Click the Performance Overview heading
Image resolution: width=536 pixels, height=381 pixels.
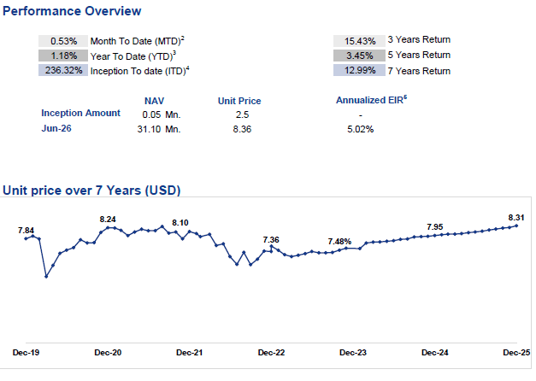tap(72, 11)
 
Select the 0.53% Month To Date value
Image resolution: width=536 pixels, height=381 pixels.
tap(63, 41)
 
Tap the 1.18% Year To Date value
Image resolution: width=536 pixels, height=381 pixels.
tap(63, 56)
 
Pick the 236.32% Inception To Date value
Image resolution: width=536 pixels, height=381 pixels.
tap(63, 70)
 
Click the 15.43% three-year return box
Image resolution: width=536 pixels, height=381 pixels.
tap(360, 41)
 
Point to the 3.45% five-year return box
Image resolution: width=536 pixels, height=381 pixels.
tap(360, 56)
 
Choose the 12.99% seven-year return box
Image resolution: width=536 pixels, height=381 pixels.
tap(360, 70)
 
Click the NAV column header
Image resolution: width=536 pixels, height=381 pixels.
tap(154, 101)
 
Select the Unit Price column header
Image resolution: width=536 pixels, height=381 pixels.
tap(239, 101)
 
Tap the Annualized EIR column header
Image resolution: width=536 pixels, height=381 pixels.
tap(371, 100)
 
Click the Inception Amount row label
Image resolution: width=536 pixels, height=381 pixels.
tap(80, 113)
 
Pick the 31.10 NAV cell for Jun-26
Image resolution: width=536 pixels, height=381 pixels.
tap(149, 129)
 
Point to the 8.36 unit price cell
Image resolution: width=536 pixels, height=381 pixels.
tap(242, 129)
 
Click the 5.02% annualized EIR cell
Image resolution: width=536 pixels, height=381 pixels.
tap(360, 129)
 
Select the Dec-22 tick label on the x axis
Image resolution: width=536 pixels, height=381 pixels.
tap(271, 353)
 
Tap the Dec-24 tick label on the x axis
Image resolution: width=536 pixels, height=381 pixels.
tap(435, 353)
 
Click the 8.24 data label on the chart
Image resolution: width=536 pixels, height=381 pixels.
tap(108, 220)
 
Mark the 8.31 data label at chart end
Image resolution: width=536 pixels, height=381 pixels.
tap(516, 218)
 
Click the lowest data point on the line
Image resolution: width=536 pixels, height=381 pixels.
tap(46, 276)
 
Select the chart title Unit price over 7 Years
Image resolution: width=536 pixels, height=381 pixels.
tap(91, 190)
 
